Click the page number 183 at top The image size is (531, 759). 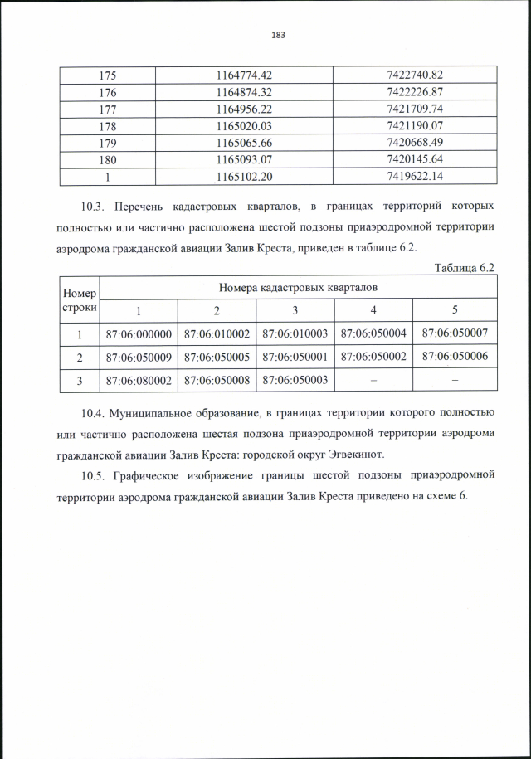[278, 35]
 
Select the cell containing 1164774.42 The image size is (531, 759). [243, 75]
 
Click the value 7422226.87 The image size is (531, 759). [415, 91]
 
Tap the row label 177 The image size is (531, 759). [108, 109]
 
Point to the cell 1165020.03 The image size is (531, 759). [243, 125]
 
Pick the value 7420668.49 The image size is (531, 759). [415, 142]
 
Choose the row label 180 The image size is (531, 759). [108, 159]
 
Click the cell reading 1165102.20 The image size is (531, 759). [243, 176]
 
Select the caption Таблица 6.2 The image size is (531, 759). [465, 267]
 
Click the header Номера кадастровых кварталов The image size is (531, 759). [298, 287]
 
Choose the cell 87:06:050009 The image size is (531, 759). [139, 357]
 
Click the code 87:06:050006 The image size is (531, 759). [455, 357]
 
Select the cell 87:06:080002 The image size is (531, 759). [139, 380]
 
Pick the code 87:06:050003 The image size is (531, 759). [295, 380]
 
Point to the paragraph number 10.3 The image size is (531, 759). [95, 205]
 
